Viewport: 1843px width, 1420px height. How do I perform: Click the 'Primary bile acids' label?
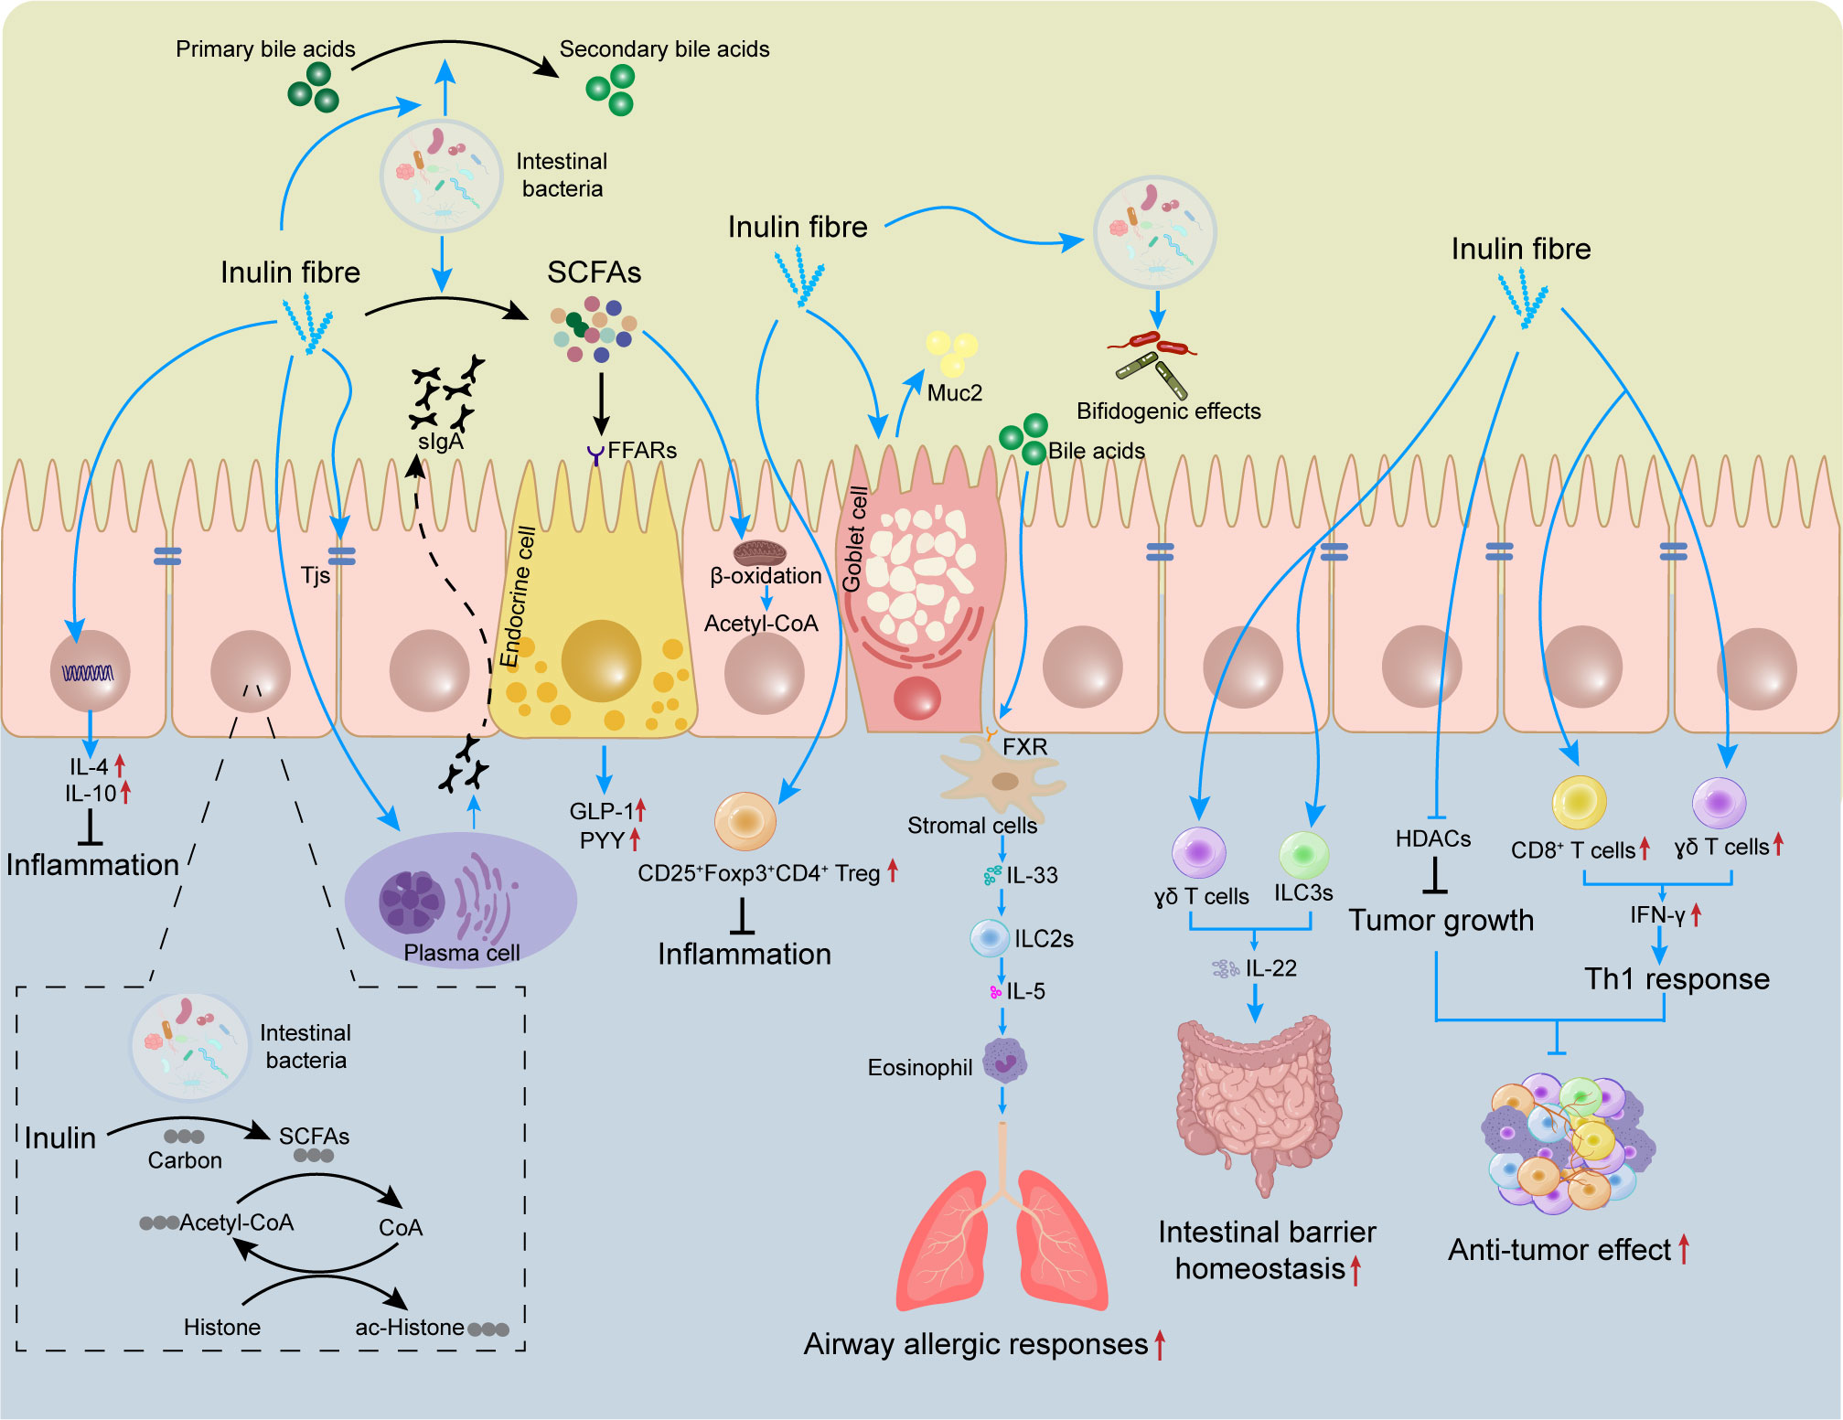(x=265, y=49)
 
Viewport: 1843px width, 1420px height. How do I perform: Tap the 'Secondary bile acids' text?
(x=664, y=49)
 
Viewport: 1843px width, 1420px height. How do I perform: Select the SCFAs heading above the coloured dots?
(x=594, y=272)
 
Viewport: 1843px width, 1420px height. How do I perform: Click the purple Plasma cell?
(x=460, y=899)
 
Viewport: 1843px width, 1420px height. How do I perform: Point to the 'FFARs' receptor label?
(x=641, y=451)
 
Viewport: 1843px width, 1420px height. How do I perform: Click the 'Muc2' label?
(x=954, y=393)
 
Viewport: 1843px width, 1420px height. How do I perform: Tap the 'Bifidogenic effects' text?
(x=1168, y=411)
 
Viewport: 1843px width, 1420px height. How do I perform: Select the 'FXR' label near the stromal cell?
(x=1024, y=747)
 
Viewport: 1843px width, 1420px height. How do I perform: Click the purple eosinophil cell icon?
(x=1004, y=1062)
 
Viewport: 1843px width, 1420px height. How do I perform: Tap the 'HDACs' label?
(x=1432, y=839)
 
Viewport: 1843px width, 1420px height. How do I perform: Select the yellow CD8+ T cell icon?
(x=1579, y=802)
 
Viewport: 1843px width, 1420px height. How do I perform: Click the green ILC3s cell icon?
(x=1303, y=855)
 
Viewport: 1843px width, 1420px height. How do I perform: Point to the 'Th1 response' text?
(x=1677, y=979)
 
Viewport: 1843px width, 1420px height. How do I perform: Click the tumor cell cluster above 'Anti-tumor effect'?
(x=1566, y=1143)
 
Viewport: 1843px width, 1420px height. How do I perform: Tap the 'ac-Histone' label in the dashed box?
(x=409, y=1328)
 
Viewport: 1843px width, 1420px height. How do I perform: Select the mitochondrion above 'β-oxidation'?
(x=759, y=552)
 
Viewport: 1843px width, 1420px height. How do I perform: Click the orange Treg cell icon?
(x=745, y=820)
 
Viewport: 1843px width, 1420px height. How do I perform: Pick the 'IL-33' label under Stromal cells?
(x=1032, y=876)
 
